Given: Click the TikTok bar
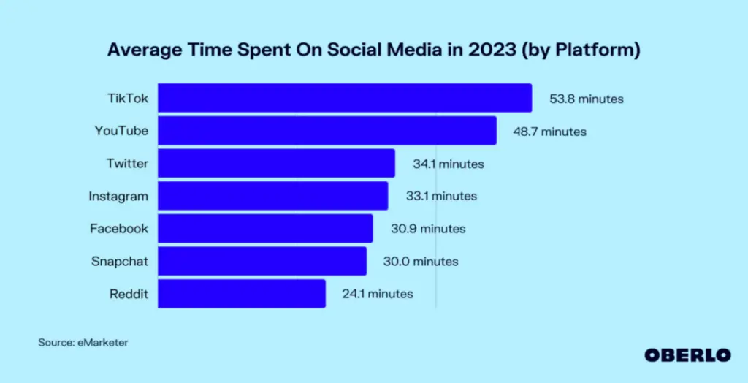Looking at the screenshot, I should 345,98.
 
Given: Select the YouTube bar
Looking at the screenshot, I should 327,131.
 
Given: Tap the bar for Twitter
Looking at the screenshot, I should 276,163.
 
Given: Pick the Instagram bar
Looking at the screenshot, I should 272,196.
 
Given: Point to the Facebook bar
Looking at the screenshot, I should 265,228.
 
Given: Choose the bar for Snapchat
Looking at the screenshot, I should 262,261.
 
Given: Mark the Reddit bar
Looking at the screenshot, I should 242,293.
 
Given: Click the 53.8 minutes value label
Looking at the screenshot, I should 587,99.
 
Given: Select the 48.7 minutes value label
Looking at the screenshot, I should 549,132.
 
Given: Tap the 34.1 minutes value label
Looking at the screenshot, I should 448,164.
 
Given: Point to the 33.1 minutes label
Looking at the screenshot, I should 441,196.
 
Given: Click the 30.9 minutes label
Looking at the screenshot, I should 427,229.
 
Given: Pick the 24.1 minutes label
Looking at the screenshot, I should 377,294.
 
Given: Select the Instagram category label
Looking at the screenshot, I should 118,196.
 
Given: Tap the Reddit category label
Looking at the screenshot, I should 128,294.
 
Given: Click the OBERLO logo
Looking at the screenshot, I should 687,354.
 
